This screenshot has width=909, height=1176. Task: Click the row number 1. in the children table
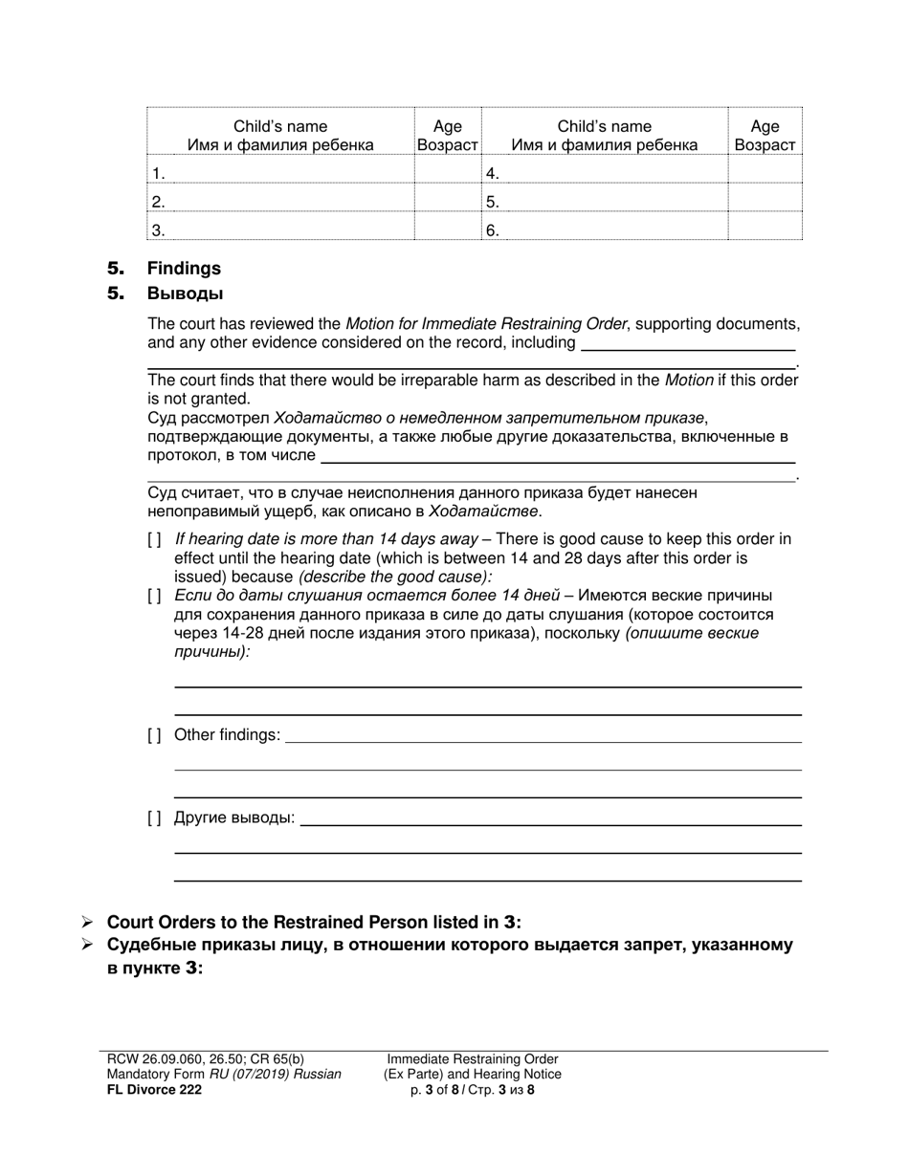(159, 173)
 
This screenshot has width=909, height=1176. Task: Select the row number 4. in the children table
(493, 173)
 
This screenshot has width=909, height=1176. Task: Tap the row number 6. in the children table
(493, 229)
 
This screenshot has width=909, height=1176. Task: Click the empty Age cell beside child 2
(447, 201)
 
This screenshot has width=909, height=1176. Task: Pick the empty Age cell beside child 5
(765, 201)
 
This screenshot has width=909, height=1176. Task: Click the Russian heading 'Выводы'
(185, 294)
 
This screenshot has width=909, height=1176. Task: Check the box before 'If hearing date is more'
(155, 539)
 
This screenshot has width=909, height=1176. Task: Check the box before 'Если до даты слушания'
(155, 597)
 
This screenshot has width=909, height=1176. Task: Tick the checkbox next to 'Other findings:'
(155, 735)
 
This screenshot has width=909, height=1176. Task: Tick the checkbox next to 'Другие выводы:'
(155, 818)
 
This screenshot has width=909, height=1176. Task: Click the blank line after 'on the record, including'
(688, 346)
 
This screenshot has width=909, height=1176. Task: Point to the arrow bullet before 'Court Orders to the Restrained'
(87, 923)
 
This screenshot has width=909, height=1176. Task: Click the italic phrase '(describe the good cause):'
(395, 577)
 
